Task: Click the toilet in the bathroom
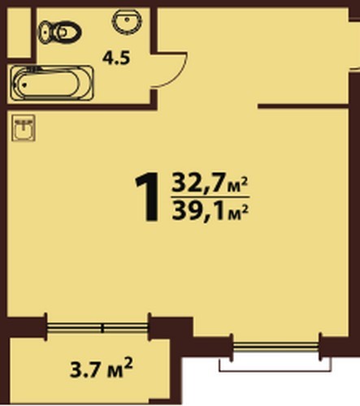59,32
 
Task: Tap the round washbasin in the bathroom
127,22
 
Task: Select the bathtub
51,83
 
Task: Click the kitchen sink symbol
24,127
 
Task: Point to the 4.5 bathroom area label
116,58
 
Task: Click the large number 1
148,197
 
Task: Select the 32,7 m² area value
210,184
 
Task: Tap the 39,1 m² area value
210,210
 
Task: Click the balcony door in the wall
98,328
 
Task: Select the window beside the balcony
276,347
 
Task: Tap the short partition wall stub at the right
302,106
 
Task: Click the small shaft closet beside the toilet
19,32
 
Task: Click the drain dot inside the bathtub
25,84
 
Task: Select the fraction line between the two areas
210,197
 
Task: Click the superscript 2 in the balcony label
129,362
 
